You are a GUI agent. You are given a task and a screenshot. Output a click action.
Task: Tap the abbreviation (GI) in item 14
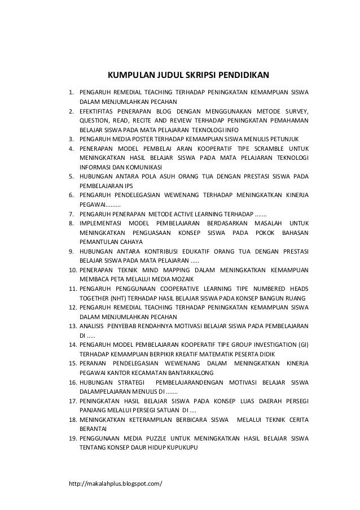[304, 345]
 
